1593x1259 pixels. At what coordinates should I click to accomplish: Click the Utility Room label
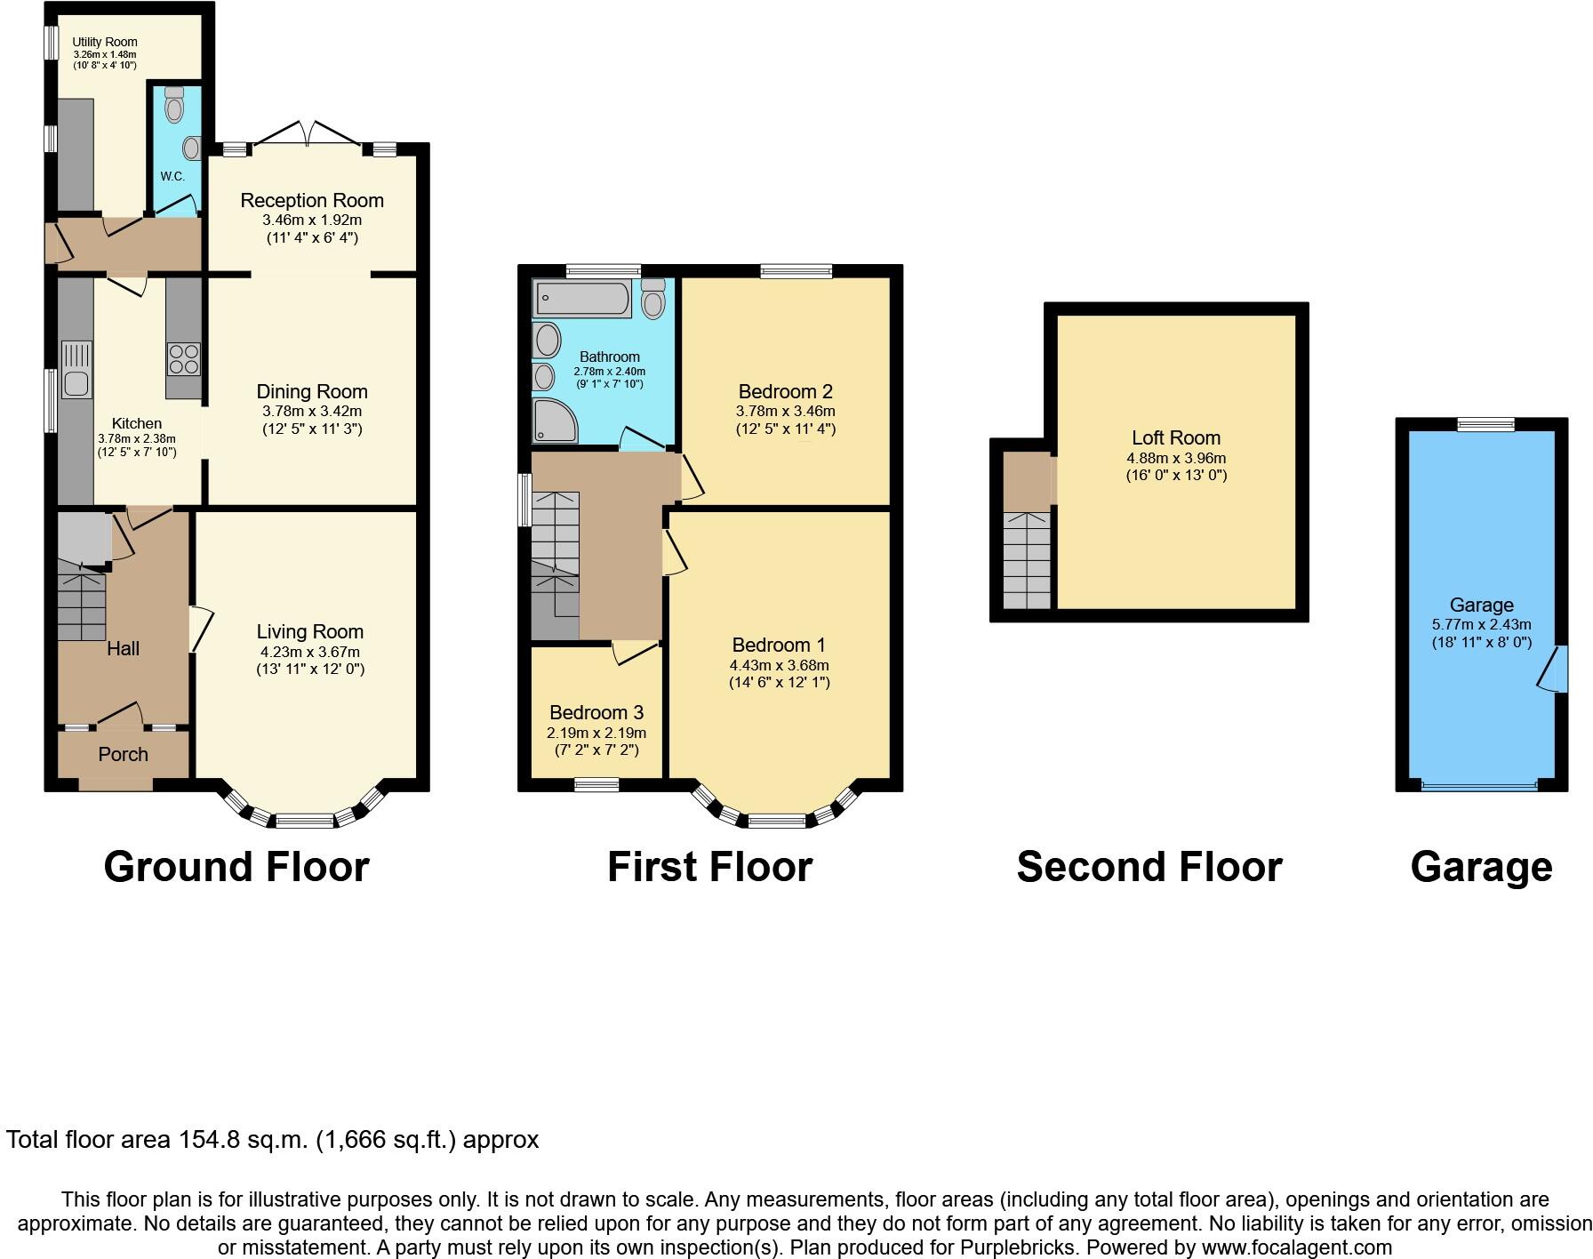(x=105, y=42)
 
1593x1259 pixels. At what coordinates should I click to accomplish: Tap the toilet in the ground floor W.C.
(x=174, y=106)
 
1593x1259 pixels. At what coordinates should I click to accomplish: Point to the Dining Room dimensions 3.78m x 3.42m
(x=312, y=412)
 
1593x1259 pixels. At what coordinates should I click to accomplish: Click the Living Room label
(x=310, y=631)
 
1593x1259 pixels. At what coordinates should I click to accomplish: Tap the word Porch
(x=123, y=754)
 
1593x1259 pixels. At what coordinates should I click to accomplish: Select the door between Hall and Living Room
(x=200, y=629)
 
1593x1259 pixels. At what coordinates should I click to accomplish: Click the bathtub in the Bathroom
(x=582, y=298)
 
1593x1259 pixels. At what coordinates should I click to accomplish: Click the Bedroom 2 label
(x=785, y=391)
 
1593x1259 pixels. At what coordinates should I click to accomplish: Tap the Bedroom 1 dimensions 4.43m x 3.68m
(x=780, y=665)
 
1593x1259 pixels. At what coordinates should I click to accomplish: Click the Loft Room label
(x=1175, y=437)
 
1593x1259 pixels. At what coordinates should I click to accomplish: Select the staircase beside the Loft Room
(x=1027, y=560)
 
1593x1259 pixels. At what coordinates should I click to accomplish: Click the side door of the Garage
(x=1554, y=669)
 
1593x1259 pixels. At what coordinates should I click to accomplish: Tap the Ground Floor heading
(x=236, y=867)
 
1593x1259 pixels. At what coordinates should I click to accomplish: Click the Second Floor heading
(x=1149, y=867)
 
